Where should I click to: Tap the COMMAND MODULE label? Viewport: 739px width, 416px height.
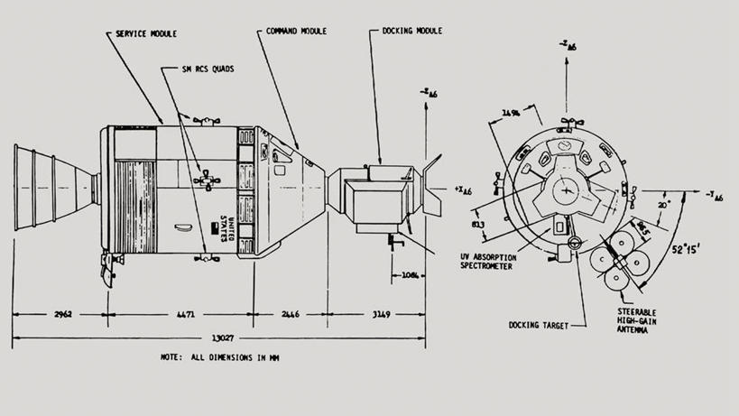pyautogui.click(x=297, y=31)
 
